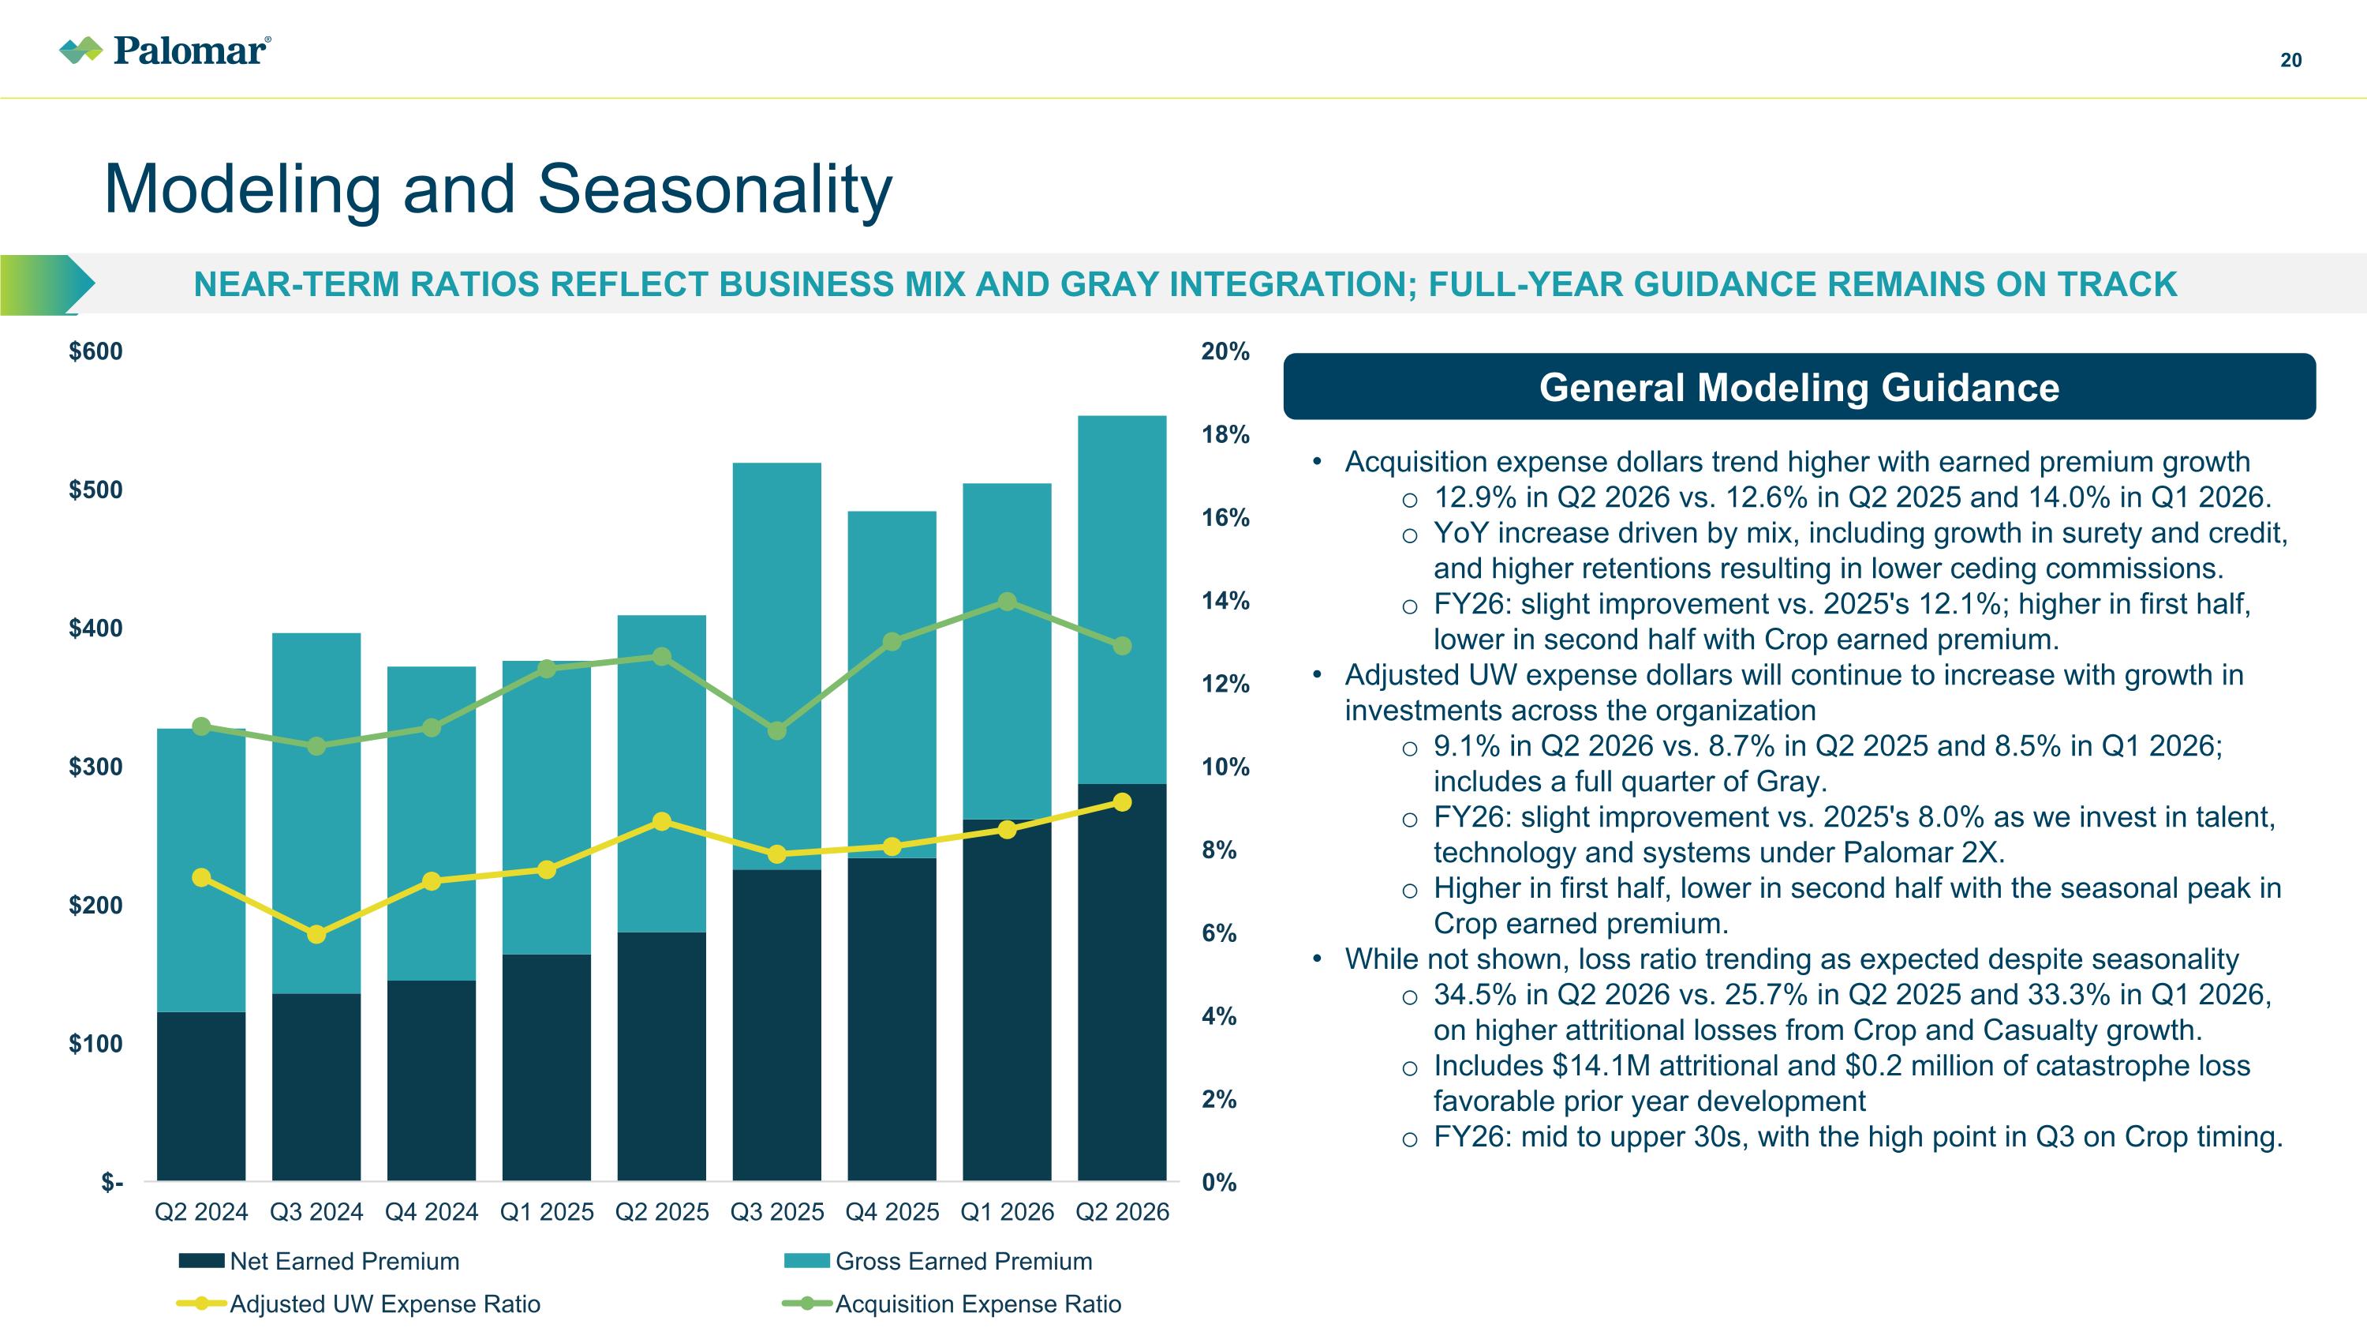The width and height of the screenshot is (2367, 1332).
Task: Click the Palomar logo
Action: [166, 50]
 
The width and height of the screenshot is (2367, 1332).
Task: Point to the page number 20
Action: [2290, 61]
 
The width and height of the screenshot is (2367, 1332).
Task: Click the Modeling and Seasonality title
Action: [498, 189]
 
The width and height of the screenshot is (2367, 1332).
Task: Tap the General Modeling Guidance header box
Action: [1799, 387]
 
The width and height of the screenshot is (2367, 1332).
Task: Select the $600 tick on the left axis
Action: [95, 351]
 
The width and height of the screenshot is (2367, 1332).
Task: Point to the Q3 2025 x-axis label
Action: [776, 1211]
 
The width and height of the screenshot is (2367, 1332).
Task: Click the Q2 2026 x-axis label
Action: [1122, 1211]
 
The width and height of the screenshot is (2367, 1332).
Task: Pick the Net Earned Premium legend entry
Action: [319, 1260]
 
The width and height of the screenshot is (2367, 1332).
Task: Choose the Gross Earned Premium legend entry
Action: [938, 1260]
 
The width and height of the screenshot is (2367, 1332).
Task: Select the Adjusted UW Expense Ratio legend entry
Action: [358, 1304]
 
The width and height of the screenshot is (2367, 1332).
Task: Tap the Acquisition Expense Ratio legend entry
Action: [952, 1304]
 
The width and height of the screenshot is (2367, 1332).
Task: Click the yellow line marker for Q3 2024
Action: [316, 934]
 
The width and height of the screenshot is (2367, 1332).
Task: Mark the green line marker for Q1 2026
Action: [1007, 601]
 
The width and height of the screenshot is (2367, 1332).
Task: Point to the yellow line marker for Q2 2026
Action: [1122, 802]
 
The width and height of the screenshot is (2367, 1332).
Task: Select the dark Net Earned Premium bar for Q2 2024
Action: [201, 1096]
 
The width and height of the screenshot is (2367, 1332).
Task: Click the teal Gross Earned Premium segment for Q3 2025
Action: [776, 666]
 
